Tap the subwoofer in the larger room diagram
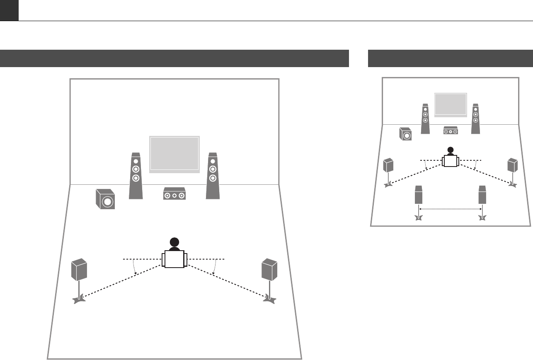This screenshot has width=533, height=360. [104, 199]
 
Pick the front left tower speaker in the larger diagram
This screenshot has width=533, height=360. [136, 176]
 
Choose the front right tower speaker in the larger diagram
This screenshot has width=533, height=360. [213, 176]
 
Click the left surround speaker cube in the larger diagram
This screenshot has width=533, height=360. [79, 269]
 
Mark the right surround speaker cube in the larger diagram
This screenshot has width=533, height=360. [269, 269]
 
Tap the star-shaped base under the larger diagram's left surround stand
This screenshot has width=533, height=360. [79, 299]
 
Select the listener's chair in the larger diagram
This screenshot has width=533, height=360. [174, 259]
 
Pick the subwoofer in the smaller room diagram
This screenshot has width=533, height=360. [406, 134]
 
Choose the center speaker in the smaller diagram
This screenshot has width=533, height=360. [451, 130]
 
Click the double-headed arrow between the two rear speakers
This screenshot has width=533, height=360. [451, 210]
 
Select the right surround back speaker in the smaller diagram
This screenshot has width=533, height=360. [482, 195]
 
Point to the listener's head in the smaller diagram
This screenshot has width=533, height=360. [450, 151]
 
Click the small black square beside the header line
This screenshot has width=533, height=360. [9, 10]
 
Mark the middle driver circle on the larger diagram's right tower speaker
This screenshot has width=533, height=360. [213, 169]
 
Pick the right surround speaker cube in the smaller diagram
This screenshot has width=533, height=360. [513, 165]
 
